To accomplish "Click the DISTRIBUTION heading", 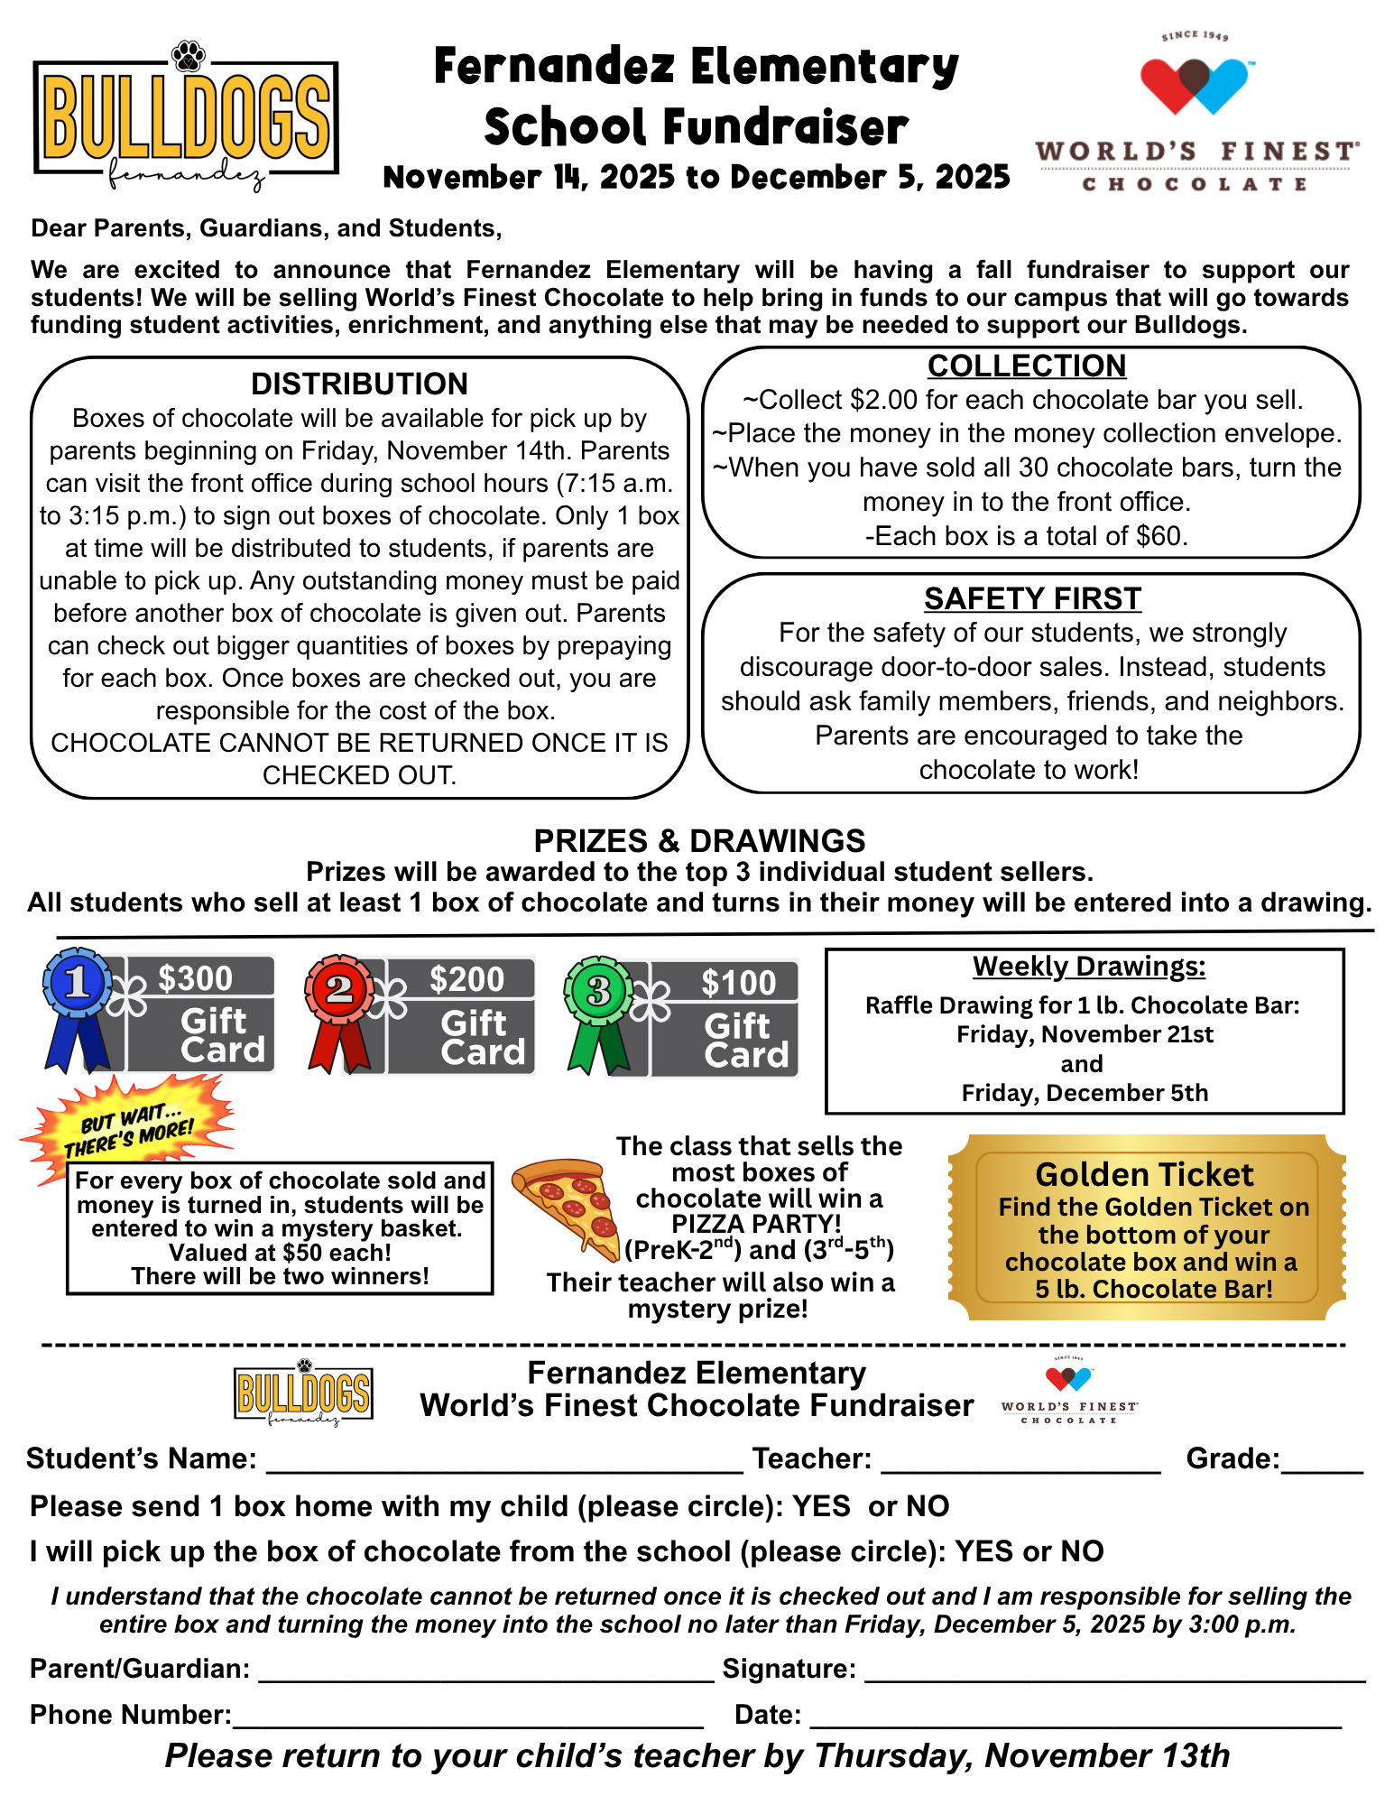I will point(359,384).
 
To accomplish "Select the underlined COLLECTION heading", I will point(1027,366).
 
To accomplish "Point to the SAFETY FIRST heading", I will point(1032,599).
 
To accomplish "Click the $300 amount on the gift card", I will point(196,978).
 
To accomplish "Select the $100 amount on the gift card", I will point(739,983).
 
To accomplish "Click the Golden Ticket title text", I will point(1144,1174).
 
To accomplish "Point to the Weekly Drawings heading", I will point(1088,967).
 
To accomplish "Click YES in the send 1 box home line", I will point(821,1506).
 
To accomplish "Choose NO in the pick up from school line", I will point(1082,1551).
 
